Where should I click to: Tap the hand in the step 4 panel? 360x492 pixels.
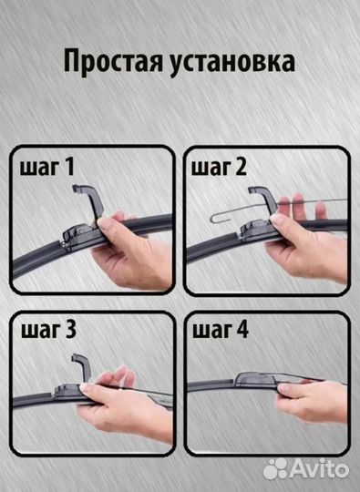pos(310,396)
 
